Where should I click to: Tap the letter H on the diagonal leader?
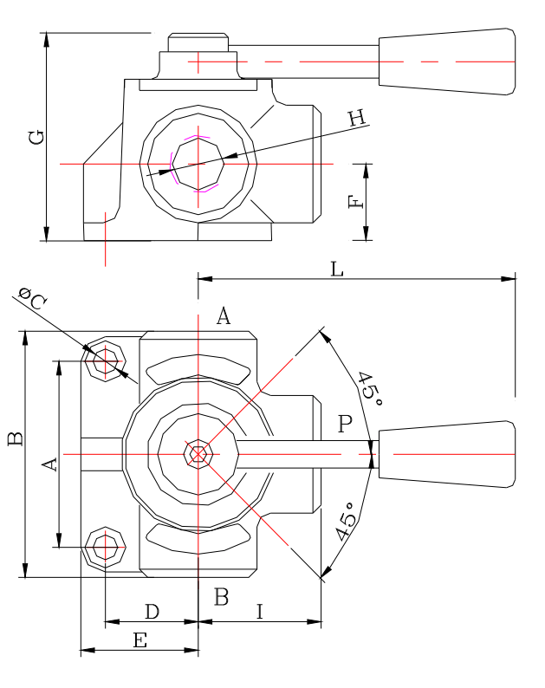pos(357,119)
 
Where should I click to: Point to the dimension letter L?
pos(337,269)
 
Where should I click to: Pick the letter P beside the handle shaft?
pos(346,424)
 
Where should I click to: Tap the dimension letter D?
pos(152,612)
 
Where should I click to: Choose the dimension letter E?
pos(139,640)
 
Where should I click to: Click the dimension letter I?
pos(260,612)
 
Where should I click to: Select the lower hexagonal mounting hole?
pos(106,547)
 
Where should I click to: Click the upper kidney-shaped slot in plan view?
pos(199,370)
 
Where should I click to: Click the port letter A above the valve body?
pos(223,316)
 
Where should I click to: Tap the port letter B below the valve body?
pos(222,596)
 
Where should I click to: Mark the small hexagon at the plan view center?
pos(199,453)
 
